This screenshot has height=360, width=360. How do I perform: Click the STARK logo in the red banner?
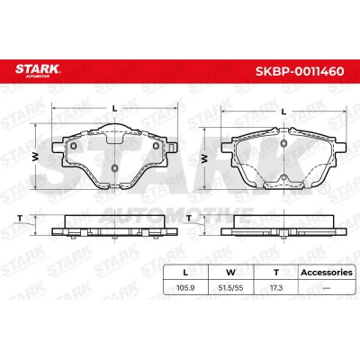click(38, 70)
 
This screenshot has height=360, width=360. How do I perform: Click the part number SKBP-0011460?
click(300, 71)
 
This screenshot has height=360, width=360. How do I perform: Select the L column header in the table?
click(185, 273)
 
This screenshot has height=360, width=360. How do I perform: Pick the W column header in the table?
click(230, 273)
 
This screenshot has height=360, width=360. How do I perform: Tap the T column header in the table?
click(276, 273)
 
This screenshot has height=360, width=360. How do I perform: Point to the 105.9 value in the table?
click(185, 288)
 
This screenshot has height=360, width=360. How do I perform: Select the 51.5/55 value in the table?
click(230, 288)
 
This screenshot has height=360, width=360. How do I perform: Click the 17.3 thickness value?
click(276, 288)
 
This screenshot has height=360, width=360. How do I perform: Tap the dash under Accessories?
click(327, 288)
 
